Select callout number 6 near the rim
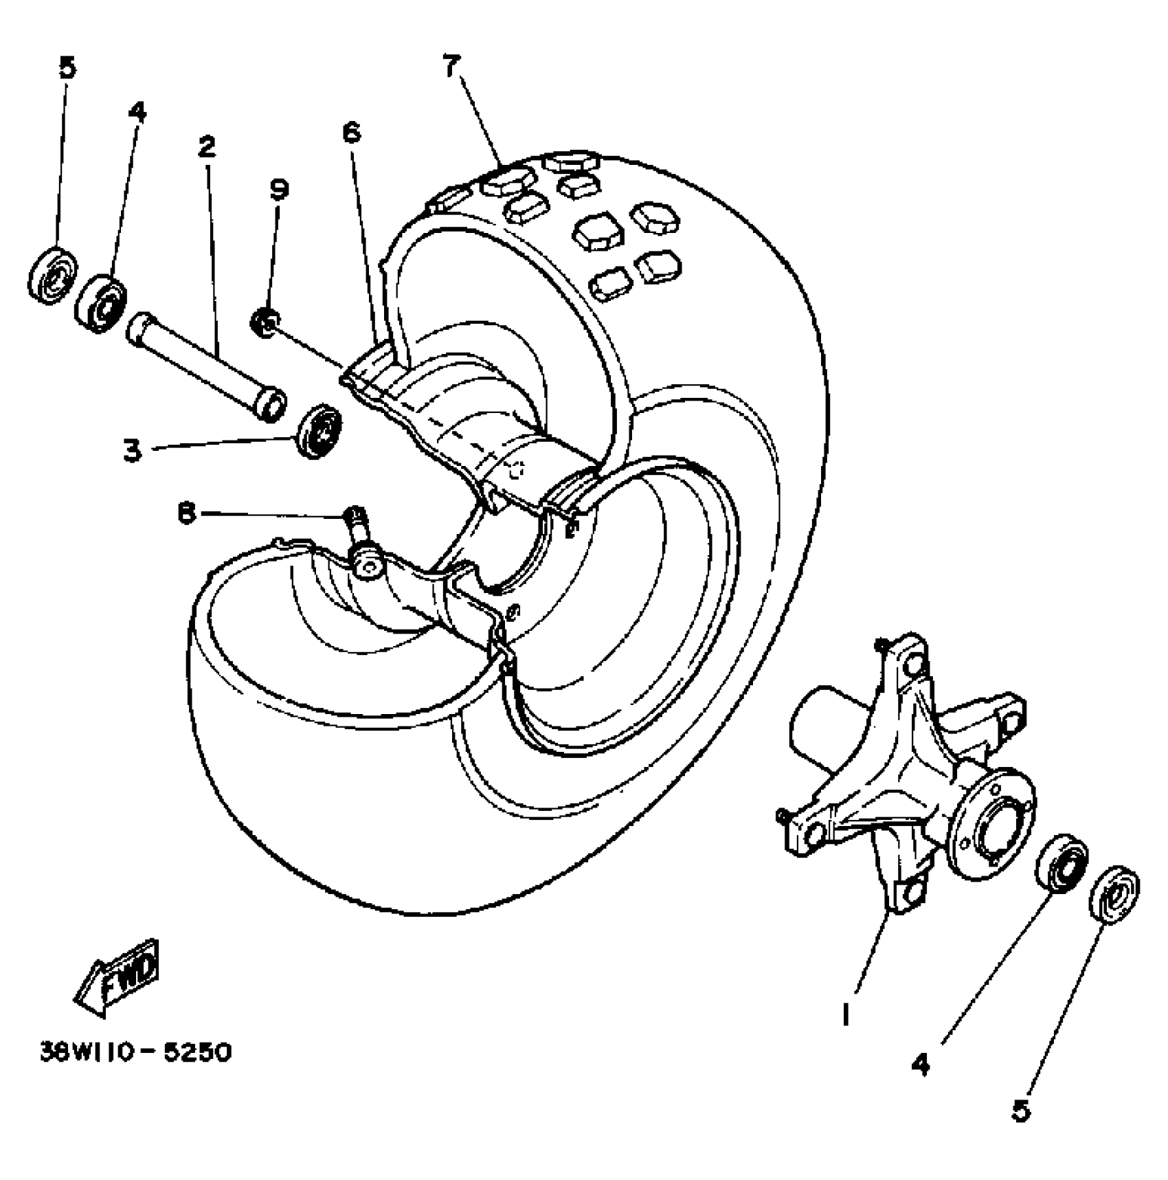click(351, 133)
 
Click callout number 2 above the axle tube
click(206, 146)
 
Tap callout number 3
click(132, 451)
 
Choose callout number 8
click(186, 513)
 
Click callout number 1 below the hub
click(846, 1014)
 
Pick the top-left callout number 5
click(67, 68)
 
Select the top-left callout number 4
click(137, 112)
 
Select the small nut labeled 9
click(265, 321)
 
